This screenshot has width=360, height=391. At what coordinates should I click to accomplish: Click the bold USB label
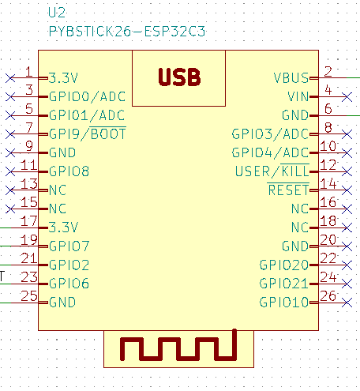(179, 77)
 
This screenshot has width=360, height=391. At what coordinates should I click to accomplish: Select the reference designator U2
(57, 13)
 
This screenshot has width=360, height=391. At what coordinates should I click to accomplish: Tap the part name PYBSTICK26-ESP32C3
(127, 32)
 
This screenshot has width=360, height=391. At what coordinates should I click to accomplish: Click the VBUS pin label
(291, 78)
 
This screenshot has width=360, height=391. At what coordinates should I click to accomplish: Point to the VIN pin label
(298, 96)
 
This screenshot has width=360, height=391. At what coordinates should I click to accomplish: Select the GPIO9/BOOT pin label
(88, 133)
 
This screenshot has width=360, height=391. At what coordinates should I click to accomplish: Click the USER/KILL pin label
(272, 171)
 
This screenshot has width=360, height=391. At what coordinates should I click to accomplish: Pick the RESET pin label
(288, 190)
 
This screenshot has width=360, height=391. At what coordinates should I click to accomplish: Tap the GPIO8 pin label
(69, 171)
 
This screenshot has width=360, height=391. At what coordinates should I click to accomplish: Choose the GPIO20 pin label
(284, 265)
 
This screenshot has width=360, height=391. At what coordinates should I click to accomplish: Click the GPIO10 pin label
(284, 303)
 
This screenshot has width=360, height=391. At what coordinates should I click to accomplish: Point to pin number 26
(328, 295)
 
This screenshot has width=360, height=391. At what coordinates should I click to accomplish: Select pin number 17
(29, 221)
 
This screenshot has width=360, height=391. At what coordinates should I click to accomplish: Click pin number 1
(28, 72)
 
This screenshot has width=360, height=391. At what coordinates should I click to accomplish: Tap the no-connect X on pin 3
(10, 97)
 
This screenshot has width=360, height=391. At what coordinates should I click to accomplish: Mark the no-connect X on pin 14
(347, 190)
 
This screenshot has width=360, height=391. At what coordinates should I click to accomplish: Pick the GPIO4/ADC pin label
(270, 152)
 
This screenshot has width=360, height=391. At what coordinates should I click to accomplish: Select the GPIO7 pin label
(69, 246)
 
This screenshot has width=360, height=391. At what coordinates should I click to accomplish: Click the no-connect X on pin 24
(347, 284)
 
